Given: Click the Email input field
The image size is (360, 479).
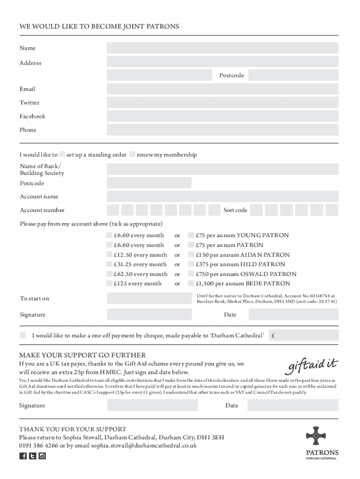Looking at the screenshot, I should [x=223, y=89].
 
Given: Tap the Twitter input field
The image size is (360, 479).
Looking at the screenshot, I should [x=223, y=102].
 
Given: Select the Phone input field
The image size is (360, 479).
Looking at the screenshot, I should [x=223, y=130].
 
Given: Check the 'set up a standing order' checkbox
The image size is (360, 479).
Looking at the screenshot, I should [x=62, y=155].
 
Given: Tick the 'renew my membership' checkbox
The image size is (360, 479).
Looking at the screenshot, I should [x=133, y=155].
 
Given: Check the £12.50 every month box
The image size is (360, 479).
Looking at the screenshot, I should [x=109, y=255].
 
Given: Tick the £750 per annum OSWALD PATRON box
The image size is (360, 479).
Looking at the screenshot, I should [x=191, y=274].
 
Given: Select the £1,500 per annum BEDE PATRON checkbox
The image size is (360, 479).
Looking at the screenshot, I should [x=191, y=283].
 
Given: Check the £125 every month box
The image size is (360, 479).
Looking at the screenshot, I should [x=109, y=283].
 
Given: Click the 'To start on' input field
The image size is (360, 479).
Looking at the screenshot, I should [x=149, y=298].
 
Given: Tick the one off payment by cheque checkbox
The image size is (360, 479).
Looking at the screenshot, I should [x=23, y=335].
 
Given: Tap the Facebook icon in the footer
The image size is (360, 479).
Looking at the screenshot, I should [x=23, y=456].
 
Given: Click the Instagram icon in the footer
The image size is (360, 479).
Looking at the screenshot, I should [x=42, y=456].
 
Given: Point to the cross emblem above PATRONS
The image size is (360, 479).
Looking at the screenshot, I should [x=315, y=435].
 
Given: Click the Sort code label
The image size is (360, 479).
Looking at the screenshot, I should [x=235, y=210].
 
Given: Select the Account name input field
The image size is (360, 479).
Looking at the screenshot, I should [x=223, y=196].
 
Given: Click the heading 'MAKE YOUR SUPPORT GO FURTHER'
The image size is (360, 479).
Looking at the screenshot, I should [x=82, y=355].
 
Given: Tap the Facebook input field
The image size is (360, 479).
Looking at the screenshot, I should [x=223, y=116].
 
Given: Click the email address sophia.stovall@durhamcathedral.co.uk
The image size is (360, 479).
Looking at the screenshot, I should [x=144, y=445].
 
